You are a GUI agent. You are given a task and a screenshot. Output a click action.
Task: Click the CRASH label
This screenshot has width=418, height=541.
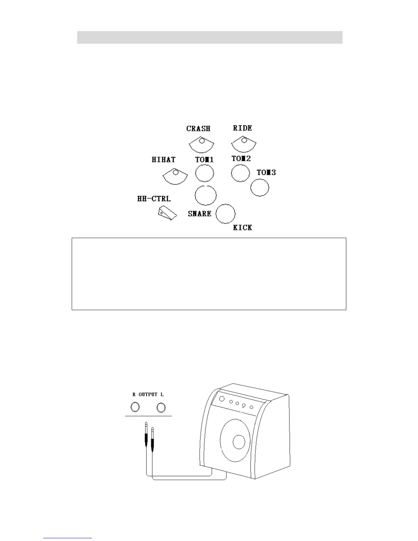[198, 129]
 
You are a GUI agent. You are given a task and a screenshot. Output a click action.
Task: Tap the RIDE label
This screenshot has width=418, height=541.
[242, 128]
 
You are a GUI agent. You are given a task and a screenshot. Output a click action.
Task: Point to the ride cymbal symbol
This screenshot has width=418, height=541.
[243, 144]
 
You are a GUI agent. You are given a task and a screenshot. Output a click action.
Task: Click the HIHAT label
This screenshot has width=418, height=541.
[164, 159]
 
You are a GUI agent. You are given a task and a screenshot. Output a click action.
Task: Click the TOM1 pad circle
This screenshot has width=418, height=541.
[205, 173]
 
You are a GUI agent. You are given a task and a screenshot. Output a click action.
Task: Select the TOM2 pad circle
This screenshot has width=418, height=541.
[240, 173]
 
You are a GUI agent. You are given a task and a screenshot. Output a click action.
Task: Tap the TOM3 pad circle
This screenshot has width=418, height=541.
[260, 187]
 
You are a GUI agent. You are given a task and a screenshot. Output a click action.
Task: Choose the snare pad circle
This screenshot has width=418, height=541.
[206, 195]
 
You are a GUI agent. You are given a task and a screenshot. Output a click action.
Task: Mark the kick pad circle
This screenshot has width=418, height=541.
[226, 214]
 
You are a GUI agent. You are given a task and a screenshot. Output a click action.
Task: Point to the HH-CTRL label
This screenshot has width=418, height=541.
[154, 199]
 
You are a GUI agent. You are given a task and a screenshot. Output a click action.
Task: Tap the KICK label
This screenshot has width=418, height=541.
[242, 227]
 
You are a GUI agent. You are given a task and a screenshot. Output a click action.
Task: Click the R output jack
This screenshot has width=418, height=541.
[135, 407]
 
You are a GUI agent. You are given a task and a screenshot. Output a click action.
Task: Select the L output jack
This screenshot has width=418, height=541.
[161, 407]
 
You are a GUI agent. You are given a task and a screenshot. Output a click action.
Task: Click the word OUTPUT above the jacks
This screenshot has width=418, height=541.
[148, 394]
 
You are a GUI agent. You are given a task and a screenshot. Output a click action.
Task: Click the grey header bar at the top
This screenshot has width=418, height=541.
[210, 37]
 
